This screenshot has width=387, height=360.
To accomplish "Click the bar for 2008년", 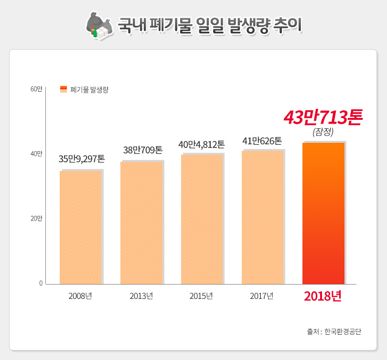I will click(80, 227).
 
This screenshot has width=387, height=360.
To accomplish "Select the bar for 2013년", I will click(141, 223).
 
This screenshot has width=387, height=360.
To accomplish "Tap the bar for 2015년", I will click(202, 219).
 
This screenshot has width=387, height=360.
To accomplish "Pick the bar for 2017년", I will click(262, 217).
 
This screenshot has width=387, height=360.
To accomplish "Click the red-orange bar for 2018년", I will click(323, 213).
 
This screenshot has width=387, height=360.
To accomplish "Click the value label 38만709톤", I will click(142, 150).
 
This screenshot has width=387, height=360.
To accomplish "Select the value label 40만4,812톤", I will click(201, 144).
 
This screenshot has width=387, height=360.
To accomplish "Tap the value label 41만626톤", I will click(262, 141).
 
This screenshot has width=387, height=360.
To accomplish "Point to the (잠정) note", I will click(322, 132).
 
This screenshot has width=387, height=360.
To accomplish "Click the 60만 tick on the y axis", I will click(36, 89).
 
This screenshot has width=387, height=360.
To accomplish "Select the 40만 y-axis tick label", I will click(36, 154).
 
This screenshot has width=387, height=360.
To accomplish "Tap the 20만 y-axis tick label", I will click(36, 219).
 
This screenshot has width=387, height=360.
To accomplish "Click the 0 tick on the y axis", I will click(41, 284).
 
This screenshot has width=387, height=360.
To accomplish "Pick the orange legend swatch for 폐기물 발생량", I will click(64, 89).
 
